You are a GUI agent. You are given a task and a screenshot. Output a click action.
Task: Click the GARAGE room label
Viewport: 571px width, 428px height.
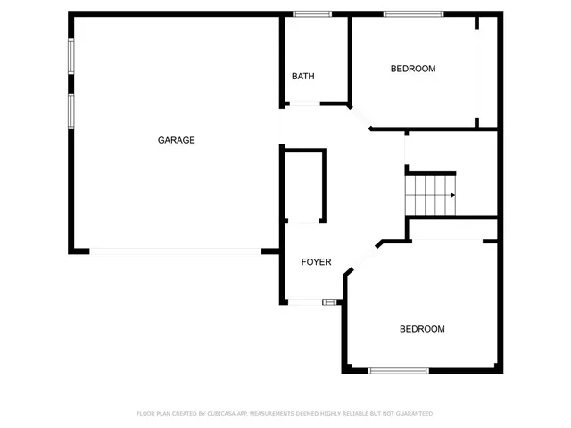click(177, 140)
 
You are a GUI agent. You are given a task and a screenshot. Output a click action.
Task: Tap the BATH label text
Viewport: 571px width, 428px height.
click(303, 77)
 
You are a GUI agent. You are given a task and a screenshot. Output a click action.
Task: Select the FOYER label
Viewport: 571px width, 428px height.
click(316, 262)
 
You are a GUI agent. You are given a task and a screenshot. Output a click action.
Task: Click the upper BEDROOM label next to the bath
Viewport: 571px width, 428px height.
click(413, 69)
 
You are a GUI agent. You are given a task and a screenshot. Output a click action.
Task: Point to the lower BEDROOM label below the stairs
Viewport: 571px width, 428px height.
click(422, 329)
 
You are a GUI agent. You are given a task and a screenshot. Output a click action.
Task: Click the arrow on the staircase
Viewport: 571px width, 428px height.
click(452, 195)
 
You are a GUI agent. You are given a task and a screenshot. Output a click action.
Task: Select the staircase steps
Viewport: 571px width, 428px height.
click(430, 195)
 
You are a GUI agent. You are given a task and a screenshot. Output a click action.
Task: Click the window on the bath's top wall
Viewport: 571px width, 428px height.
click(313, 14)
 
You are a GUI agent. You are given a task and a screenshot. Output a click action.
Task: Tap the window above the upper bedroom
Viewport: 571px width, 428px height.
click(413, 14)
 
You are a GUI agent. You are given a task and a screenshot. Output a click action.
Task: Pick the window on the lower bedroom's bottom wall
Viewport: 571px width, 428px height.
click(398, 371)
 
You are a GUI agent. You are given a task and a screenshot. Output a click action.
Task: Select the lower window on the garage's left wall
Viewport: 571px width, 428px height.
click(71, 111)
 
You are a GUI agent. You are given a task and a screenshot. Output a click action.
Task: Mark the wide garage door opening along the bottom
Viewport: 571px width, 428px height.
click(176, 252)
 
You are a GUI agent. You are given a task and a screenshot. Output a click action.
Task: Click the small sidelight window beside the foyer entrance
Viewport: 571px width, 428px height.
click(329, 302)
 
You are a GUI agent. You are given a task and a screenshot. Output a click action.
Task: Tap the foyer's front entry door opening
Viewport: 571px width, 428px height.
click(305, 302)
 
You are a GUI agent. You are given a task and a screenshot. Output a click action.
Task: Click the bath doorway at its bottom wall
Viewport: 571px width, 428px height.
click(304, 105)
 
